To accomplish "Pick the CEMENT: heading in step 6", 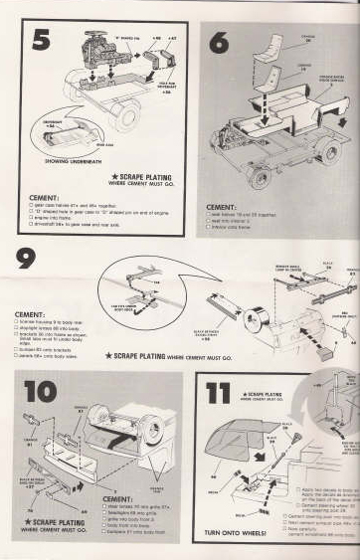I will click(x=221, y=208).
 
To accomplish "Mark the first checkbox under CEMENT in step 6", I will click(x=209, y=216).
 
